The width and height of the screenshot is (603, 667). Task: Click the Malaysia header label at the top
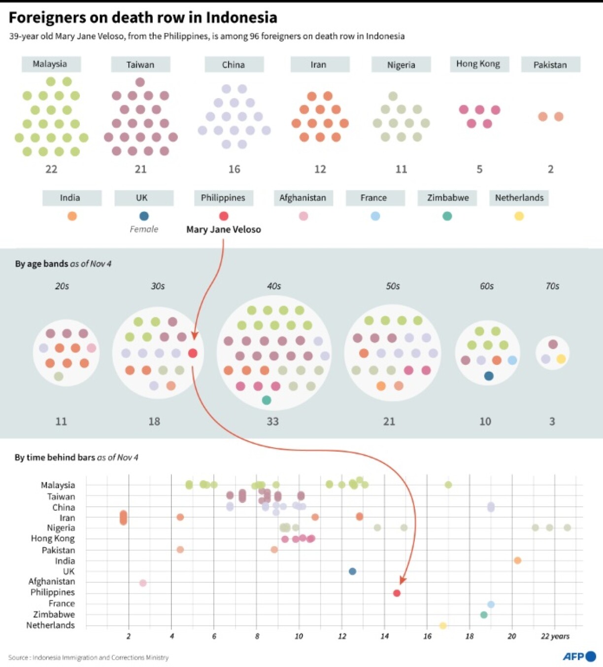coord(50,64)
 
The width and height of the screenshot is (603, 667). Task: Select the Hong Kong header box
coord(478,64)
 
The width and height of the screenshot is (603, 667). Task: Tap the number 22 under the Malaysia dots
coord(51,169)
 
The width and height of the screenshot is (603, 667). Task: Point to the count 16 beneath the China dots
coord(234,169)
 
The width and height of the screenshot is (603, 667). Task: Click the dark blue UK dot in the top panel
coord(144,216)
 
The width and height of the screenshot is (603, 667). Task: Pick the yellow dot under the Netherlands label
coord(519,216)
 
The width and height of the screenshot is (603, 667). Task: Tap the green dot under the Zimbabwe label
coord(447,216)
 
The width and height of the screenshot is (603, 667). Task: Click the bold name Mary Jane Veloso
coord(224,229)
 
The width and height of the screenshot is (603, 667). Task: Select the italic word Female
coord(144,229)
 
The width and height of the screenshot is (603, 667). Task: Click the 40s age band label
coord(274,286)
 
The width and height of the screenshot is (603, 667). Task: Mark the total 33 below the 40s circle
coord(272,421)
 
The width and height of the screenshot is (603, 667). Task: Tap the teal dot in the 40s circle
coord(267,400)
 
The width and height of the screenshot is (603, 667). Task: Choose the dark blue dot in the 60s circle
coord(488,376)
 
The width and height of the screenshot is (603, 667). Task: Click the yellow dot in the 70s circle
coord(561,359)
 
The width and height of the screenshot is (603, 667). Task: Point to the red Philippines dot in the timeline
coord(397,593)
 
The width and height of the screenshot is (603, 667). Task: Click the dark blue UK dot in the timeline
coord(352,571)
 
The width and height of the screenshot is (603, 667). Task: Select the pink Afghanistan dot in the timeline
coord(143,583)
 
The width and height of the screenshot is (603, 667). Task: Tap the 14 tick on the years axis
coord(384,636)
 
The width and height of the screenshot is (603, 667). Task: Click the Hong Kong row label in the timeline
coord(53,539)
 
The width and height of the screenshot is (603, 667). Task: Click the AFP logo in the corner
coord(579,656)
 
